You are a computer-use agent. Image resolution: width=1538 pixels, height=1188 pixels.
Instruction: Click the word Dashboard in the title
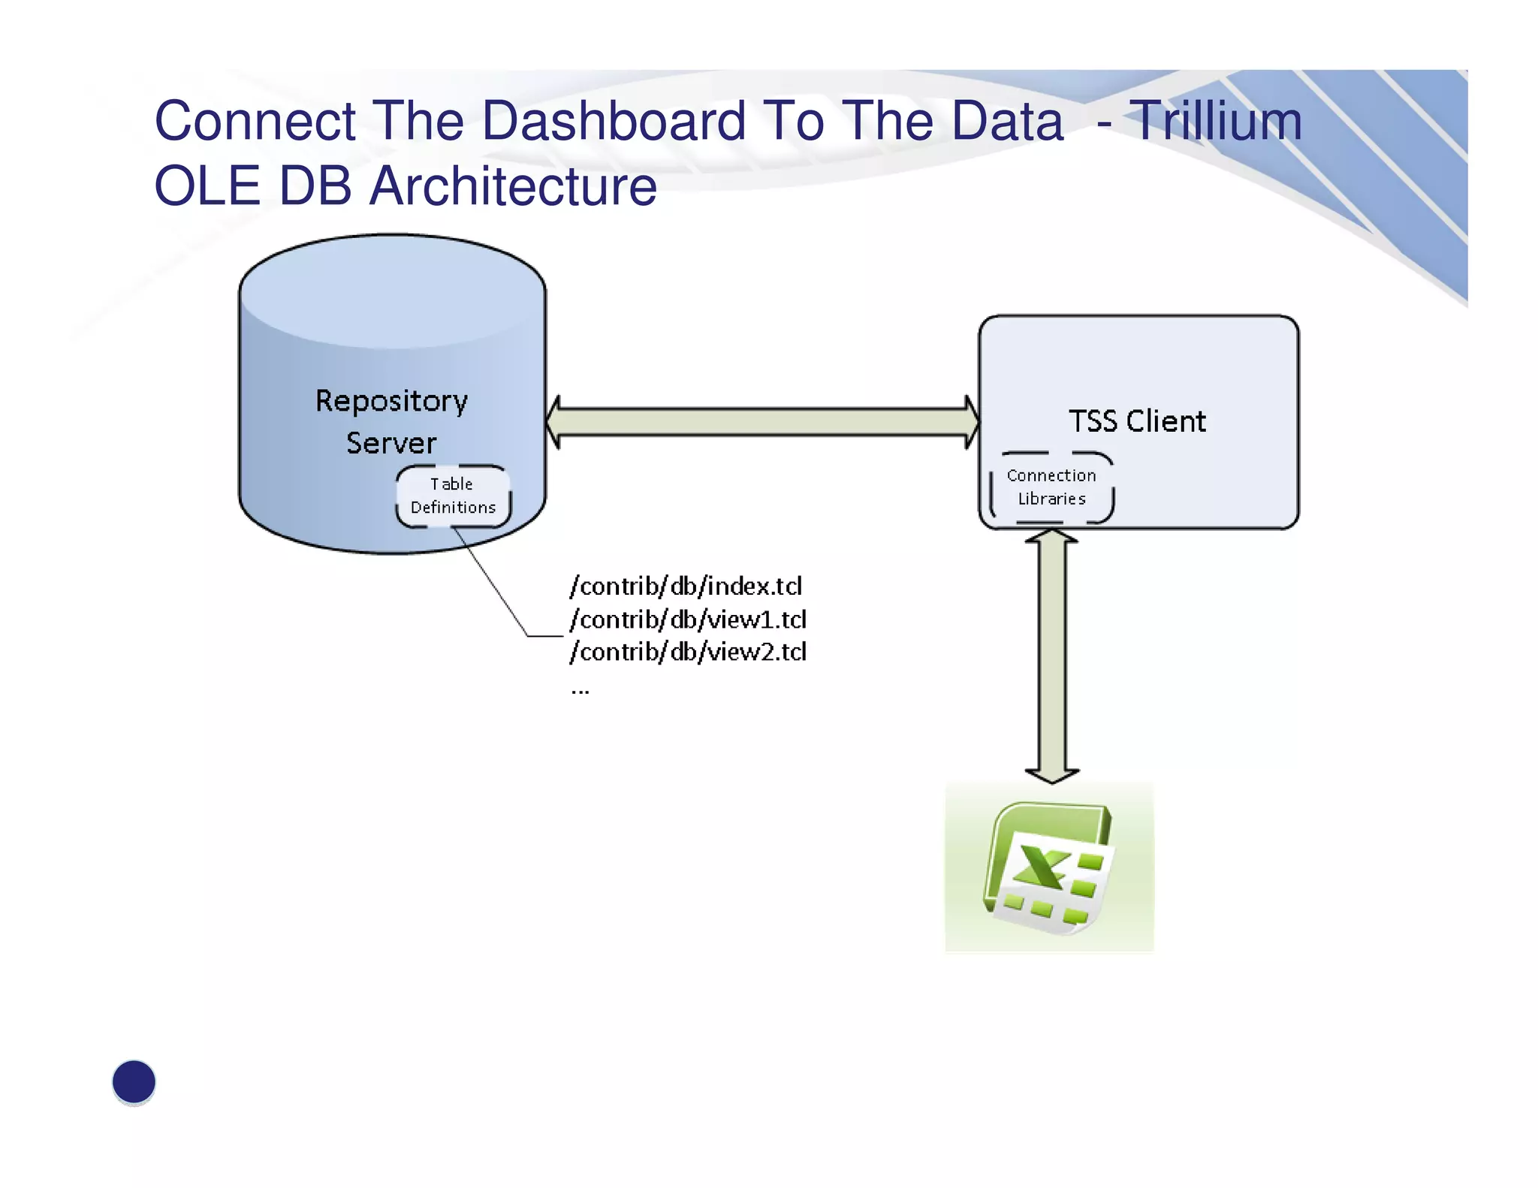click(x=614, y=121)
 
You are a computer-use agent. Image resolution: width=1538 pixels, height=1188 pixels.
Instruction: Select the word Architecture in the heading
click(x=513, y=186)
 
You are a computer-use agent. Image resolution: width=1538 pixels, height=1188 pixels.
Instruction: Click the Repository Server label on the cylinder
click(x=391, y=421)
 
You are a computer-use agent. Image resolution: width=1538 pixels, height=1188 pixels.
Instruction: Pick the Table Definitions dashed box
click(x=453, y=496)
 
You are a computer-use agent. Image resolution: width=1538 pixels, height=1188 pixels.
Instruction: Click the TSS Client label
click(x=1137, y=421)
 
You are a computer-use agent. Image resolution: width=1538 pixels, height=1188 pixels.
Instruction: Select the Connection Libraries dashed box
click(x=1051, y=487)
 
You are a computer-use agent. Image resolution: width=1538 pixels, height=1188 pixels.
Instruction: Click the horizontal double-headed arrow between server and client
click(x=762, y=422)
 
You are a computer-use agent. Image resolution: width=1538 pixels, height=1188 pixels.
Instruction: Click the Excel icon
click(x=1049, y=868)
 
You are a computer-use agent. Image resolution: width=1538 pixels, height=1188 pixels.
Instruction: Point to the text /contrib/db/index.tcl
click(x=686, y=586)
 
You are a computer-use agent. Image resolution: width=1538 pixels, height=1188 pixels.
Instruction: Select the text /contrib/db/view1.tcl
click(x=688, y=620)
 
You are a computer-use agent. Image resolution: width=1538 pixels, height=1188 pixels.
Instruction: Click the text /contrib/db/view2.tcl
click(x=688, y=652)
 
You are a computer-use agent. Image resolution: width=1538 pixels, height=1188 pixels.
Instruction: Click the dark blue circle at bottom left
click(x=134, y=1081)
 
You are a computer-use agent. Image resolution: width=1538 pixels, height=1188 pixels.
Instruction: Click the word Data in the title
click(x=1007, y=121)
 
